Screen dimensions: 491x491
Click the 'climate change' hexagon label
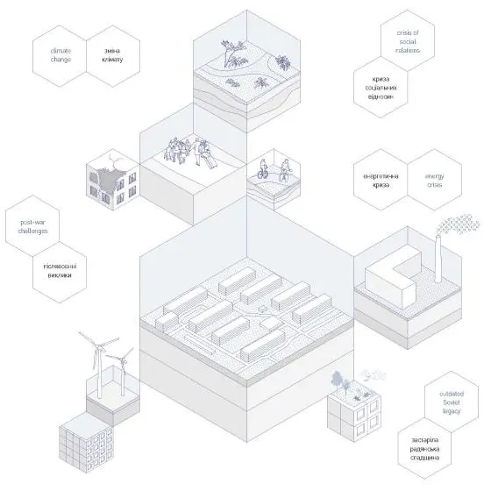[60, 55]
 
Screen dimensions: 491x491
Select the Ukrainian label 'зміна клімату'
[112, 55]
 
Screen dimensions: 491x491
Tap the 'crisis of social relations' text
[408, 41]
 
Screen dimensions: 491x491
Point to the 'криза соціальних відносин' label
[381, 88]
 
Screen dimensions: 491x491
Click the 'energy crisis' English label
[435, 181]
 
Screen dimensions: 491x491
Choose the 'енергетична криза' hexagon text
[381, 181]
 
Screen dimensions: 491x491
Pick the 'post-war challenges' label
[33, 227]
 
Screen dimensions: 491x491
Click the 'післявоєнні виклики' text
[60, 271]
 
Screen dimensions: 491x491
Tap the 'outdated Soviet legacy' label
[452, 402]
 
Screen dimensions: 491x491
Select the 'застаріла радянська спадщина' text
[424, 449]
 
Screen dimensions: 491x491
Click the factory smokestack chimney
[438, 259]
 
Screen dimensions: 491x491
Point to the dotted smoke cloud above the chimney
[458, 224]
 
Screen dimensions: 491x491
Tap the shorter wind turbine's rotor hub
[123, 360]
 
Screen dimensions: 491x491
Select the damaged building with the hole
[113, 182]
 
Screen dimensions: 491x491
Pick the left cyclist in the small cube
[263, 169]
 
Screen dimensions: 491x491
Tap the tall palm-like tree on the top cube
[232, 53]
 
